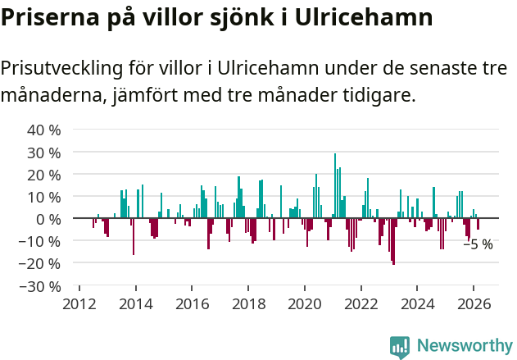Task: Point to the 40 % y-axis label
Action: [x=44, y=130]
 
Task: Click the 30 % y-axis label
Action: [x=44, y=153]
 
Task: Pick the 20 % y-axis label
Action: [x=44, y=175]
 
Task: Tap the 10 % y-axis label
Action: [x=44, y=197]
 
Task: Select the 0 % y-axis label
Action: [x=48, y=219]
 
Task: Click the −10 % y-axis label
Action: [x=41, y=241]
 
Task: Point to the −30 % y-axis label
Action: [x=41, y=286]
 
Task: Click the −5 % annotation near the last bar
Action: [x=478, y=244]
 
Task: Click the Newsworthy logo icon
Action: [x=400, y=347]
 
